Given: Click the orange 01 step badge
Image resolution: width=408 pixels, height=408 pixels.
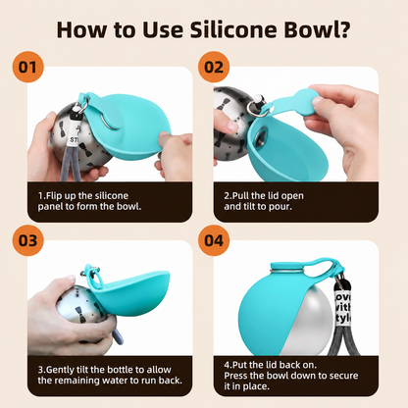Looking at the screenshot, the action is (27, 67).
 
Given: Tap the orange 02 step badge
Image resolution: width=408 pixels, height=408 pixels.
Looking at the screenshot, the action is (214, 67).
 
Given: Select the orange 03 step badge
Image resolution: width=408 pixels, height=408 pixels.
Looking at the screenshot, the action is (27, 240).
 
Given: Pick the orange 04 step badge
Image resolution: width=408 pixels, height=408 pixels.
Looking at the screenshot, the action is (214, 240).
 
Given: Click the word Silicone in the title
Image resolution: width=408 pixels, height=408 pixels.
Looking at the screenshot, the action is (233, 29).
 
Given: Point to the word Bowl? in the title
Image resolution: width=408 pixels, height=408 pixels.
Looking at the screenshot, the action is (317, 29).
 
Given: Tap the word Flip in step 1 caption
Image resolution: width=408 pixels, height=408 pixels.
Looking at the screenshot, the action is (55, 196).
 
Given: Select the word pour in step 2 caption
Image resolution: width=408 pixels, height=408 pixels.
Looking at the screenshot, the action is (280, 207).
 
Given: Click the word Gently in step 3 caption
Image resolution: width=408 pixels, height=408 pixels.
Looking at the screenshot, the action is (61, 370).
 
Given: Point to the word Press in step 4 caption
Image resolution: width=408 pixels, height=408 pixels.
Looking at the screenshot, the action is (235, 376).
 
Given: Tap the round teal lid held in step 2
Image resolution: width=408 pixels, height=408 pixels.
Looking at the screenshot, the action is (307, 99).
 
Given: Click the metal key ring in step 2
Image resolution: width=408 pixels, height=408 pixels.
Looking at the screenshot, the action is (254, 107).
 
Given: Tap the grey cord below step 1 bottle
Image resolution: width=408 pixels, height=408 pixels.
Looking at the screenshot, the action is (72, 163).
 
